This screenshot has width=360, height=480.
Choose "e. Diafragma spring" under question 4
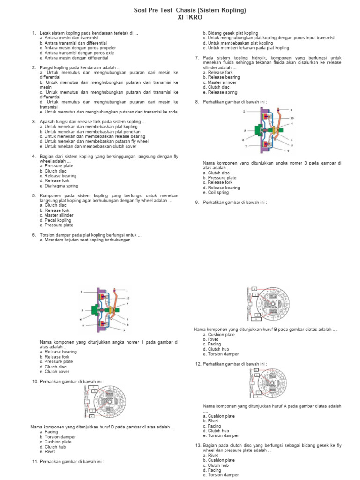59,186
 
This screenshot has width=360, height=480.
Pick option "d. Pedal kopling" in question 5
56,220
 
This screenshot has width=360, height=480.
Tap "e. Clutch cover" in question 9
55,371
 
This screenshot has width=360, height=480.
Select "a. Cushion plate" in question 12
219,416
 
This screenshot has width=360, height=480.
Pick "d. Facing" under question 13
212,470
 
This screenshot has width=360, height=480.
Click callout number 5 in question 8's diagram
244,131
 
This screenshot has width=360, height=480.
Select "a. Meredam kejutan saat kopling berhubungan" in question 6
85,240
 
